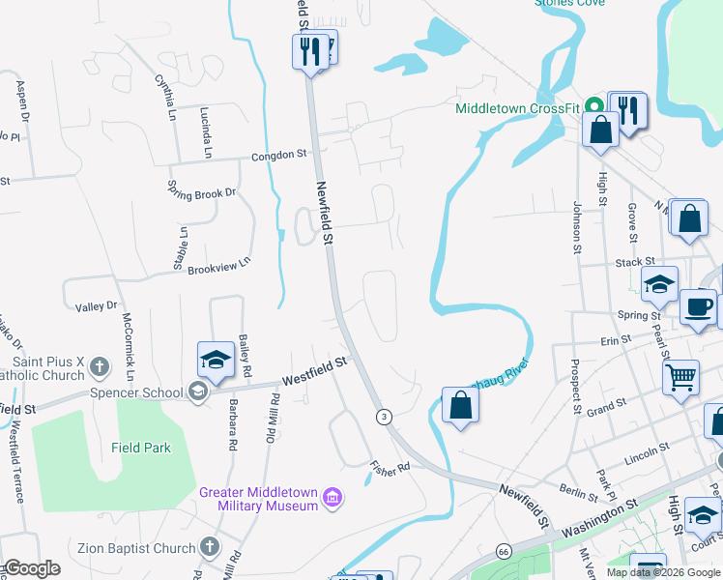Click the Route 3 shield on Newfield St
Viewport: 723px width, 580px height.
385,416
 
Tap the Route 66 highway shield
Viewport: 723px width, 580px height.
504,550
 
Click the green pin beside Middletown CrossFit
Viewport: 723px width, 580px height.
596,106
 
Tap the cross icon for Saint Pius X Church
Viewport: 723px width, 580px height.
100,366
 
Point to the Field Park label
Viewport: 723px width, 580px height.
141,448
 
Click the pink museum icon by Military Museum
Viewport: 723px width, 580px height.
333,498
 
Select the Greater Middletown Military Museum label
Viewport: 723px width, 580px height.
259,499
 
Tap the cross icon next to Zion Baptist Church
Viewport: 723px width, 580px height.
209,547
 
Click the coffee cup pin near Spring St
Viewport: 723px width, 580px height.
698,308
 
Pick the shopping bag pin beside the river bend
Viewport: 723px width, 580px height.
461,405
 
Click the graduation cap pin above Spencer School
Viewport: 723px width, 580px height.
216,361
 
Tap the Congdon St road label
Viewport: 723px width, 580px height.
278,154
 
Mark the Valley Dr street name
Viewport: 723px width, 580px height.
96,306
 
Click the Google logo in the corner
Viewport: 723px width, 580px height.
31,568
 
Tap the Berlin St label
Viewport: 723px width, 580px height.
578,493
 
